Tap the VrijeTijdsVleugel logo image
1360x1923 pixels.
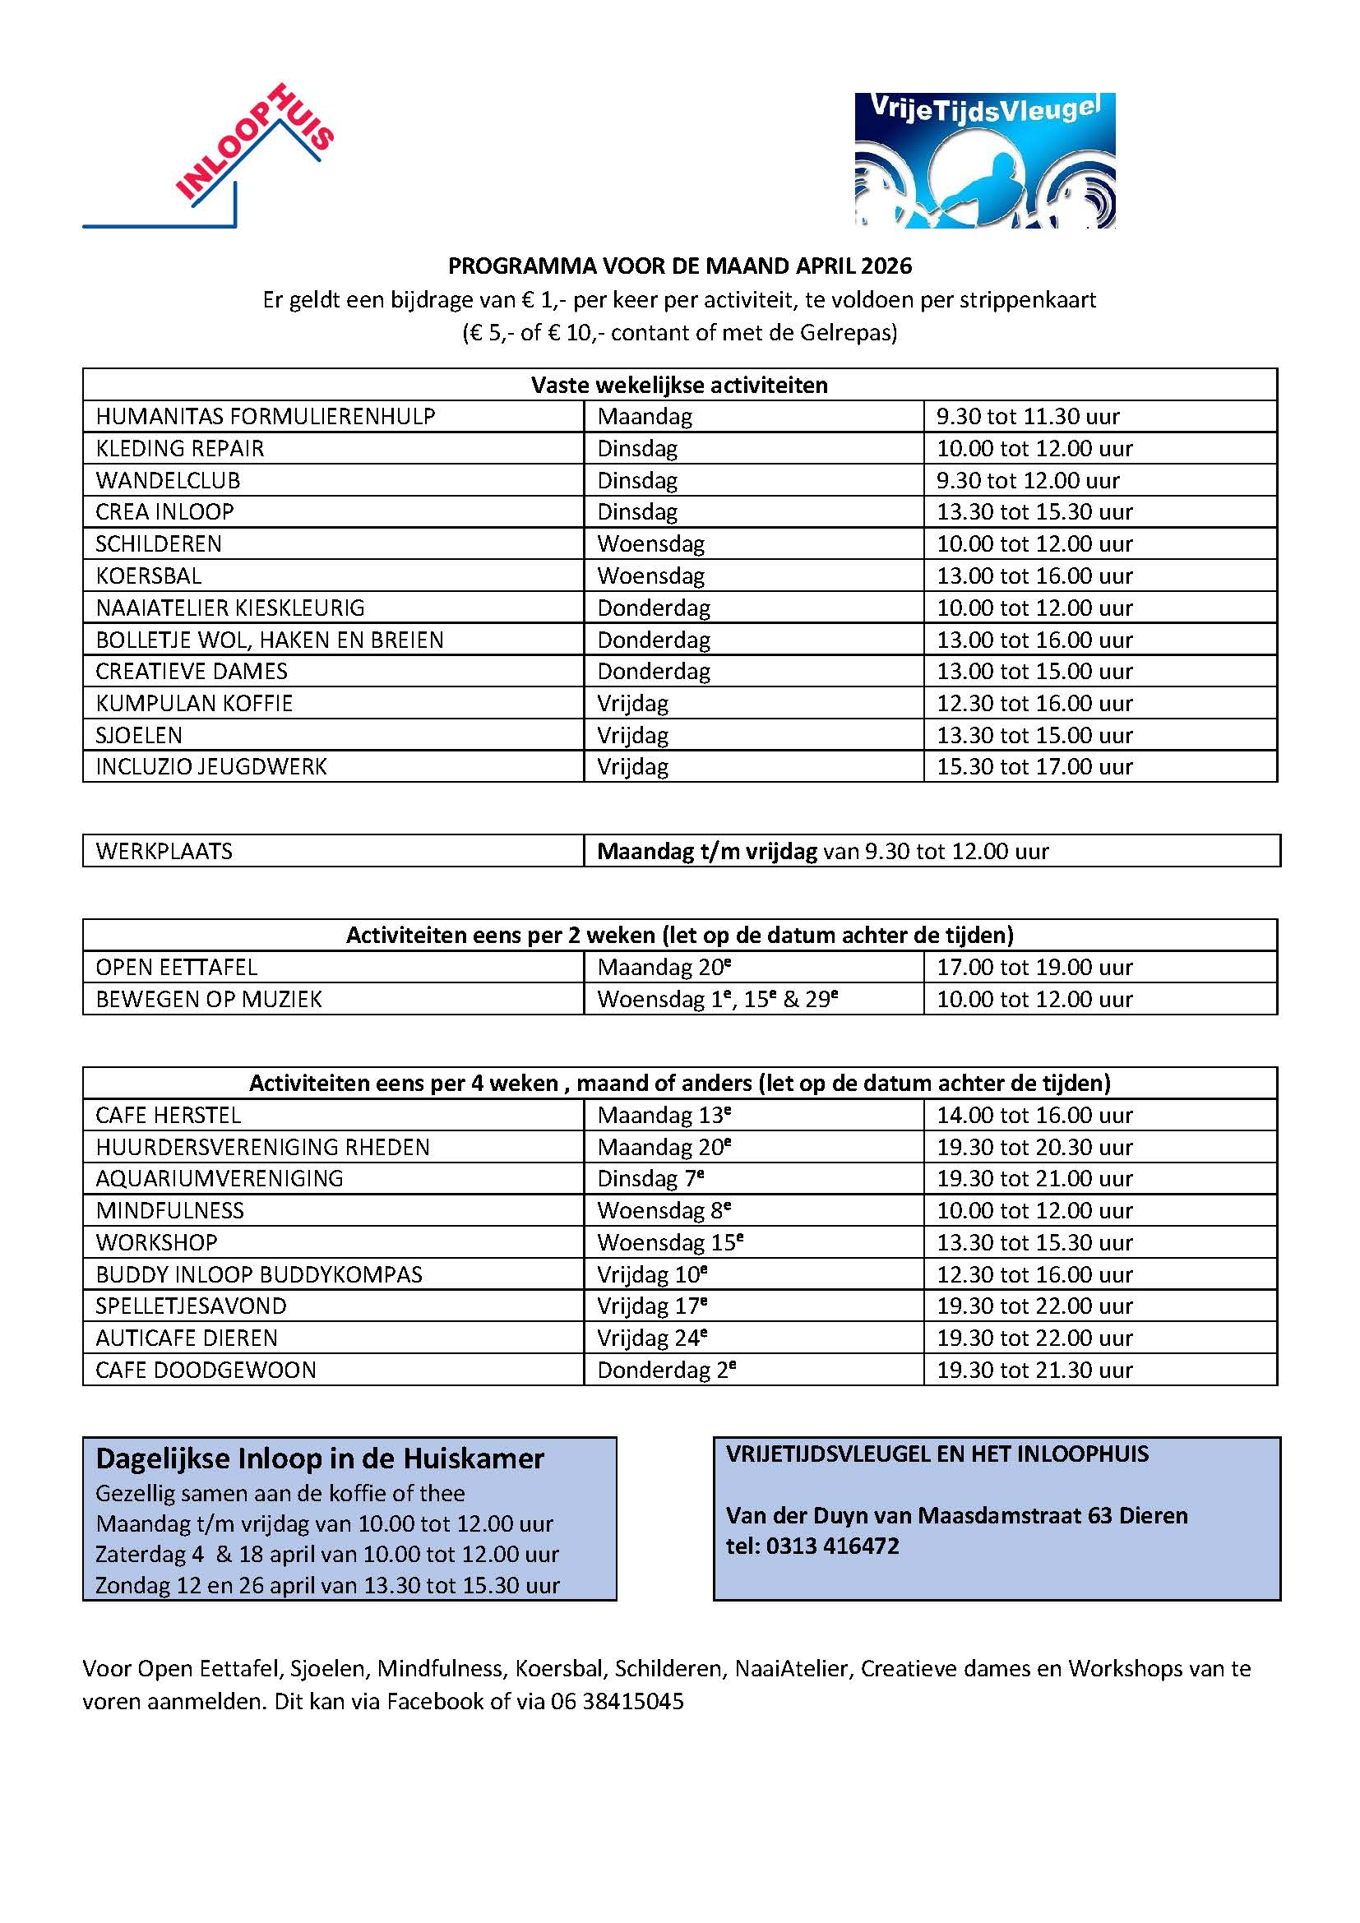click(984, 160)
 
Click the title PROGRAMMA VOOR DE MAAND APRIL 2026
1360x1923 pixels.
click(679, 266)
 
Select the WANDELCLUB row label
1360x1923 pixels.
click(169, 481)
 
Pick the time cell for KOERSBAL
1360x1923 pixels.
click(1034, 576)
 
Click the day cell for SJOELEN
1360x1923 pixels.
click(632, 735)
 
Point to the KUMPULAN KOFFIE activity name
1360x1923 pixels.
click(194, 704)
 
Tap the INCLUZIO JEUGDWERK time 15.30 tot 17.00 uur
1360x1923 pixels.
click(1034, 767)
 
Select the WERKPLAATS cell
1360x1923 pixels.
click(164, 852)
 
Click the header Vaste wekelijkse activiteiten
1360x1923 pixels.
click(679, 386)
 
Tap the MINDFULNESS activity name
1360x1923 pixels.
click(170, 1211)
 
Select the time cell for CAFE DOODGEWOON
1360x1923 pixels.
click(1034, 1371)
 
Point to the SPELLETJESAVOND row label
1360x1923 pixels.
click(191, 1306)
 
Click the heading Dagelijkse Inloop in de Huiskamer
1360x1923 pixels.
click(320, 1459)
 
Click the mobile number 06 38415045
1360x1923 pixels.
click(618, 1702)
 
